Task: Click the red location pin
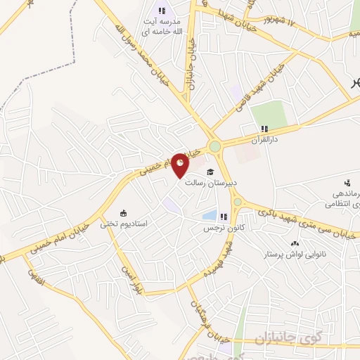[x=181, y=165]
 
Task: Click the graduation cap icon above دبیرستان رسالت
[x=209, y=172]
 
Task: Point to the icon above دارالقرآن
[x=264, y=129]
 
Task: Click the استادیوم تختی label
[x=123, y=224]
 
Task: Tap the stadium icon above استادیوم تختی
[x=124, y=213]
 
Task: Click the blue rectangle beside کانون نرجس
[x=209, y=215]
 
